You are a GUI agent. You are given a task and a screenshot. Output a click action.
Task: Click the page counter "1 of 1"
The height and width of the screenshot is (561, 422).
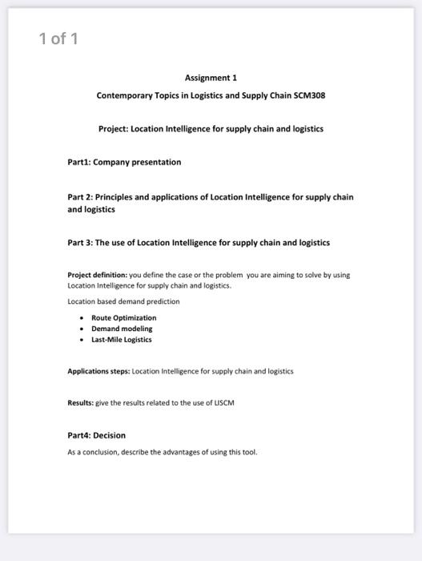(59, 38)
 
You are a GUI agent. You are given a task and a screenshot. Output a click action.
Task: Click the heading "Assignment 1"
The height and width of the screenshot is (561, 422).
(211, 78)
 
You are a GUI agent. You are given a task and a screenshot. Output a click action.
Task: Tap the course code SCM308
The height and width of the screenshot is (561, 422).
(309, 95)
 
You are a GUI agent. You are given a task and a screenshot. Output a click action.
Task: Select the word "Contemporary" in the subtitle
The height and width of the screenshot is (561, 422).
(123, 95)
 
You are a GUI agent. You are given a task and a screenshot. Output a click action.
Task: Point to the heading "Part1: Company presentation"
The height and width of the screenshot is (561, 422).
(124, 162)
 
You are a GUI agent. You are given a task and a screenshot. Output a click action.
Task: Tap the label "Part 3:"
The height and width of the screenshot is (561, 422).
(80, 242)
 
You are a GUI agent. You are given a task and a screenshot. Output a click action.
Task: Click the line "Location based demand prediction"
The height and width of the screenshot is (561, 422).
(123, 301)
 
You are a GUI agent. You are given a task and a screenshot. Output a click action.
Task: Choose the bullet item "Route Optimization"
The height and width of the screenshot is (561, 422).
(123, 318)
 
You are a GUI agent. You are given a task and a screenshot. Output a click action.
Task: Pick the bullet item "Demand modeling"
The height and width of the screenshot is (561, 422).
(121, 329)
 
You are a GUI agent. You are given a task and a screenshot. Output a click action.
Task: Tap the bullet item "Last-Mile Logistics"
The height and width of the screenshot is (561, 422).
(121, 339)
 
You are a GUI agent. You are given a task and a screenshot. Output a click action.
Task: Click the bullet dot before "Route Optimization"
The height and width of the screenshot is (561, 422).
(82, 318)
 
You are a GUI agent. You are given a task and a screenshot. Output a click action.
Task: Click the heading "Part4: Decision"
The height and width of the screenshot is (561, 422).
(96, 435)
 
